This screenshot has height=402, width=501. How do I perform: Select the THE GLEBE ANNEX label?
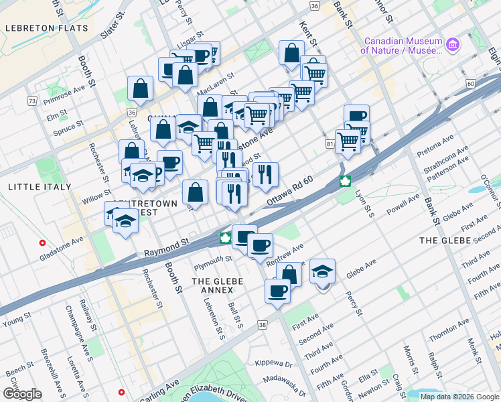tap(213, 285)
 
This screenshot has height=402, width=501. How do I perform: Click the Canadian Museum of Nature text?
tap(402, 45)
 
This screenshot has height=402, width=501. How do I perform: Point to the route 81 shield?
tap(329, 144)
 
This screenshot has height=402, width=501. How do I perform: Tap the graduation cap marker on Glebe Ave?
tap(323, 272)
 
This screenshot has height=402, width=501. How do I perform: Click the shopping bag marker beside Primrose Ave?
tap(140, 88)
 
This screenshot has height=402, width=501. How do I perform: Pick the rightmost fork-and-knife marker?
tap(266, 174)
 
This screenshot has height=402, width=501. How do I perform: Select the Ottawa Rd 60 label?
tap(290, 192)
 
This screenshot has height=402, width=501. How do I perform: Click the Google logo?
tap(21, 393)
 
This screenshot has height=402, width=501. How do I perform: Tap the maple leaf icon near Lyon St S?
tap(346, 181)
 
